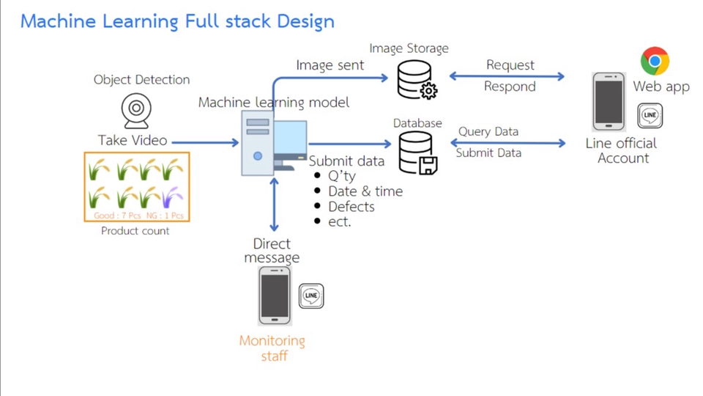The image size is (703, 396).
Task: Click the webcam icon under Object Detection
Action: tap(136, 110)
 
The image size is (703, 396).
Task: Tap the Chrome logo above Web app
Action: tap(655, 61)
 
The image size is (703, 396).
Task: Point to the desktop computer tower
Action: tap(257, 143)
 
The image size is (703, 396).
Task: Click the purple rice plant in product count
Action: tap(173, 197)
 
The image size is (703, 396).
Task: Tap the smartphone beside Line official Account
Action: tap(609, 101)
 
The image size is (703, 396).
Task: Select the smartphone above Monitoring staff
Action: tap(275, 296)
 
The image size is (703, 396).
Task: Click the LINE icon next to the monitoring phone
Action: tap(311, 296)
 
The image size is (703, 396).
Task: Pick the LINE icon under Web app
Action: tap(650, 115)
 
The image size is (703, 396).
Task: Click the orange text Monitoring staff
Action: tap(272, 348)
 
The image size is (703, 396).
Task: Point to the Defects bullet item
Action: tap(351, 207)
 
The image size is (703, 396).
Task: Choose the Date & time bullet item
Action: tap(365, 191)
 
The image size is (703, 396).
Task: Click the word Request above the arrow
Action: tap(510, 65)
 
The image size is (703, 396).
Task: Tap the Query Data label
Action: tap(488, 132)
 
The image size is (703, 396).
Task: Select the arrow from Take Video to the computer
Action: tap(205, 142)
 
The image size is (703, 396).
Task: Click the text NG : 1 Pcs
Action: tap(165, 216)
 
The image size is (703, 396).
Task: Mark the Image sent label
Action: tap(330, 65)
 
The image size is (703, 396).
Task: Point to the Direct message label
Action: tap(272, 250)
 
